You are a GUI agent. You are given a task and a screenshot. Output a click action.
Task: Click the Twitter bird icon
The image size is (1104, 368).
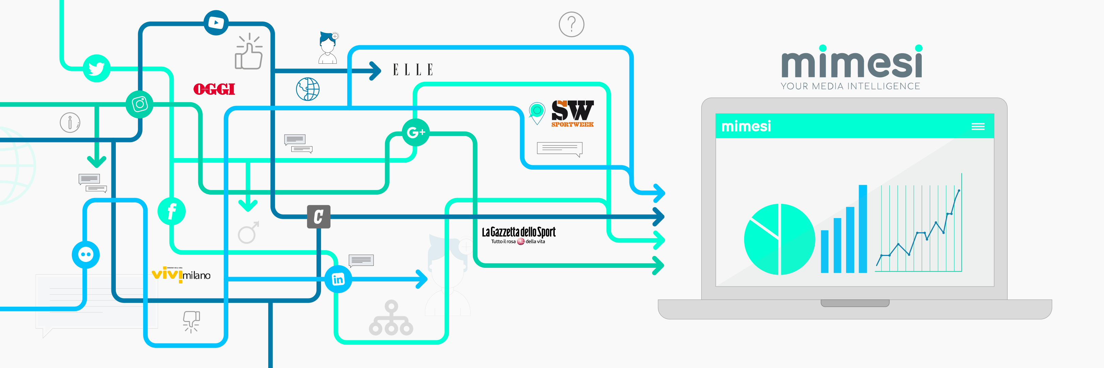(x=96, y=68)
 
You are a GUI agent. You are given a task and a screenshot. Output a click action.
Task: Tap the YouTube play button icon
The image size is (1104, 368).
(x=216, y=22)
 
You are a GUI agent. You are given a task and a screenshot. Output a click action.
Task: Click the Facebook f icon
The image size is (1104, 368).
(x=171, y=211)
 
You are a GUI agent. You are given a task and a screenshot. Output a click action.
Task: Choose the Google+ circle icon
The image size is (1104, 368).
(x=415, y=132)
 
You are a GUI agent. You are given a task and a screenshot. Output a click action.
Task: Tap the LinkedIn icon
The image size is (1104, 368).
(x=338, y=279)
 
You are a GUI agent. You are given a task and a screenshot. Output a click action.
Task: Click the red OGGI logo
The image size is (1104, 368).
(x=214, y=89)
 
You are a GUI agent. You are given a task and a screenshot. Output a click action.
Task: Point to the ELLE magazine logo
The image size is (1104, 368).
(x=413, y=70)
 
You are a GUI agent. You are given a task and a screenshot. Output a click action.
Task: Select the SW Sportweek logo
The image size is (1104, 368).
(x=572, y=113)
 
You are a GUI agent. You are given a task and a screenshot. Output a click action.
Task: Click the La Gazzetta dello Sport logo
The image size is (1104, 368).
(x=519, y=235)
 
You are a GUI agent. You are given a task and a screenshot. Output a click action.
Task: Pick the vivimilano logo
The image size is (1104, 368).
(x=181, y=274)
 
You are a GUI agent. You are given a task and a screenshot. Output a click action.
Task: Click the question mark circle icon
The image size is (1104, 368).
(x=571, y=25)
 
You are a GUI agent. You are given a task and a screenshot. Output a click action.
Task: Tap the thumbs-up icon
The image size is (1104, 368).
(x=249, y=53)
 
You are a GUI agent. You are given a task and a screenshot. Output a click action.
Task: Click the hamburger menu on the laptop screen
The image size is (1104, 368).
(x=978, y=126)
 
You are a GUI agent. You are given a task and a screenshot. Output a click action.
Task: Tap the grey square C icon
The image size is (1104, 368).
(x=319, y=217)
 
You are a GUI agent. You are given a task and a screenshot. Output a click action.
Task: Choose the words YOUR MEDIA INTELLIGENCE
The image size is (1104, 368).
(x=850, y=86)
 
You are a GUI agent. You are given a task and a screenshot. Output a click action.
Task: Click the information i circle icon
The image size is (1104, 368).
(x=70, y=123)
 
